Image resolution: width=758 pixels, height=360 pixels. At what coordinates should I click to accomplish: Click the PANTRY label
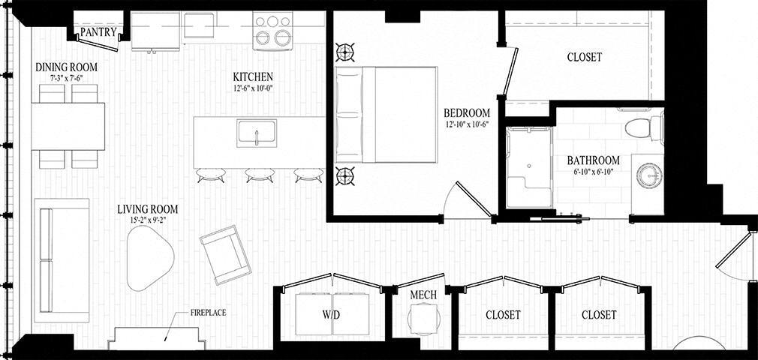click(x=98, y=33)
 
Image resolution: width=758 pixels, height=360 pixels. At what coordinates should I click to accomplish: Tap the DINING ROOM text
click(x=67, y=67)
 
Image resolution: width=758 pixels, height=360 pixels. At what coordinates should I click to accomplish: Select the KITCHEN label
click(x=252, y=76)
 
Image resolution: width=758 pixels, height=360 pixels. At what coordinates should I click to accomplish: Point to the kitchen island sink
click(x=257, y=133)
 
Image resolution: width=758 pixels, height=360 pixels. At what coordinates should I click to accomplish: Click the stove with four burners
click(x=272, y=31)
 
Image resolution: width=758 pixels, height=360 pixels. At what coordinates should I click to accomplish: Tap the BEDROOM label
click(x=466, y=113)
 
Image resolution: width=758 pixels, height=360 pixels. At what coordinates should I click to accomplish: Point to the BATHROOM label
click(x=593, y=160)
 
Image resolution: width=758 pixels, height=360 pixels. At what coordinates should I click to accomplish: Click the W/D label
click(x=332, y=315)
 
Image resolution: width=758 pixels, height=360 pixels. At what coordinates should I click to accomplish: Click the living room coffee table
click(x=149, y=258)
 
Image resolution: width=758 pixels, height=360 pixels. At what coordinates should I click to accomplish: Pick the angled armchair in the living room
click(x=225, y=254)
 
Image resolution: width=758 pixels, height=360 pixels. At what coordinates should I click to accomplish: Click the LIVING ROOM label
click(x=148, y=209)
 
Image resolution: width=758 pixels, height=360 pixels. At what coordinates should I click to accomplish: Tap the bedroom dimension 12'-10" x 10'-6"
click(x=466, y=124)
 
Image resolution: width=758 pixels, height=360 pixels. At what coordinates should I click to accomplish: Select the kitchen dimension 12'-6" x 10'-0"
click(x=252, y=88)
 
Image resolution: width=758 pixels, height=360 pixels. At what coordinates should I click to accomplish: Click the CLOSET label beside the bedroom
click(x=584, y=57)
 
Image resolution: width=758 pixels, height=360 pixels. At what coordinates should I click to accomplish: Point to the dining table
click(x=68, y=125)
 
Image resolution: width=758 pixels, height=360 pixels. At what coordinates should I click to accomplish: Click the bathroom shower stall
click(x=528, y=167)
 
